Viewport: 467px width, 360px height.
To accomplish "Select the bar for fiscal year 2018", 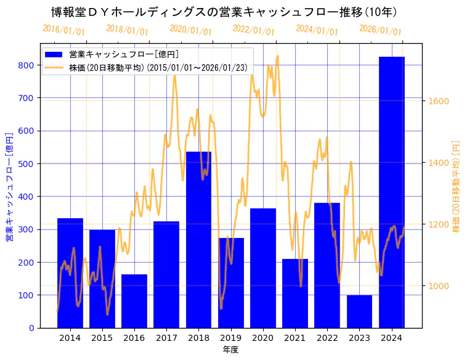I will [x=198, y=240].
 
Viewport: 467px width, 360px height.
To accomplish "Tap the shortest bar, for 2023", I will [x=359, y=311].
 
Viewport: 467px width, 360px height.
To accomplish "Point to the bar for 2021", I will [x=295, y=293].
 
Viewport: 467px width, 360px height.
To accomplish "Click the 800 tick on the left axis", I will [x=26, y=65].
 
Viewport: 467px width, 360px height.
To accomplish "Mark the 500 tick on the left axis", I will [x=26, y=163].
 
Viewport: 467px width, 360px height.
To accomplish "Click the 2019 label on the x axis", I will [x=230, y=338].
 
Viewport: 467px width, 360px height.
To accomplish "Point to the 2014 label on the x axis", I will [x=70, y=338].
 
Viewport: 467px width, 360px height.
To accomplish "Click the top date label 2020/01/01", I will [x=190, y=30].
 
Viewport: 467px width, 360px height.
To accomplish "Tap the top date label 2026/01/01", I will [x=380, y=30].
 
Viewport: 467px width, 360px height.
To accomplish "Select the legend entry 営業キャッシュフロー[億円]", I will [x=124, y=55].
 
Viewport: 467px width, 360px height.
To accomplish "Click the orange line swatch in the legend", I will [x=54, y=67].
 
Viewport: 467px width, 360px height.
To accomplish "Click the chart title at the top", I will [x=224, y=12].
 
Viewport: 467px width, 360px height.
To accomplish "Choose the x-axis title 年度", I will [x=230, y=350].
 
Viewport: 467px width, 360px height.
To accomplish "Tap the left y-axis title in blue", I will [x=9, y=186].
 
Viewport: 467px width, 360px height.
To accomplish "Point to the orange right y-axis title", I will [x=456, y=186].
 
